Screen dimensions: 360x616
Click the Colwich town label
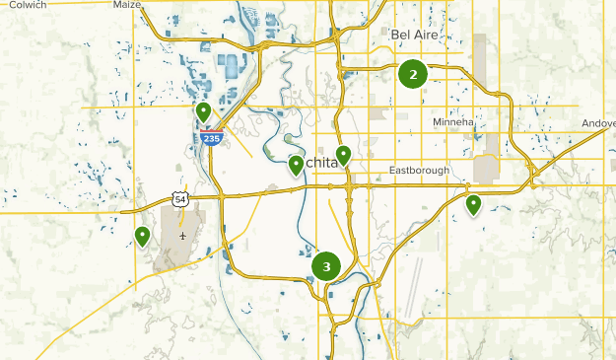pyautogui.click(x=27, y=5)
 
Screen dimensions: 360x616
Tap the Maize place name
pyautogui.click(x=127, y=5)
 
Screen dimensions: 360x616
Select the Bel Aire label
pyautogui.click(x=414, y=35)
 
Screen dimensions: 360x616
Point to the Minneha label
pyautogui.click(x=453, y=121)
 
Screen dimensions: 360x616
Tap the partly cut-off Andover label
pyautogui.click(x=598, y=124)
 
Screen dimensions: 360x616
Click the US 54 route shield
pyautogui.click(x=179, y=198)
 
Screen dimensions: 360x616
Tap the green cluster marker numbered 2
pyautogui.click(x=413, y=74)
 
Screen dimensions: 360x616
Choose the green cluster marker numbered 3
pyautogui.click(x=326, y=266)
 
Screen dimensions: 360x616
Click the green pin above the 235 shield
pyautogui.click(x=203, y=111)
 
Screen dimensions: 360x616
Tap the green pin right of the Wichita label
pyautogui.click(x=343, y=154)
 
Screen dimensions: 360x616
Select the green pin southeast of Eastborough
pyautogui.click(x=473, y=204)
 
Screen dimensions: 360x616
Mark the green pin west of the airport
pyautogui.click(x=143, y=236)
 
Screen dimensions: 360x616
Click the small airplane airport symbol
pyautogui.click(x=183, y=236)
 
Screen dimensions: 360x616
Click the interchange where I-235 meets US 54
pyautogui.click(x=223, y=194)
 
